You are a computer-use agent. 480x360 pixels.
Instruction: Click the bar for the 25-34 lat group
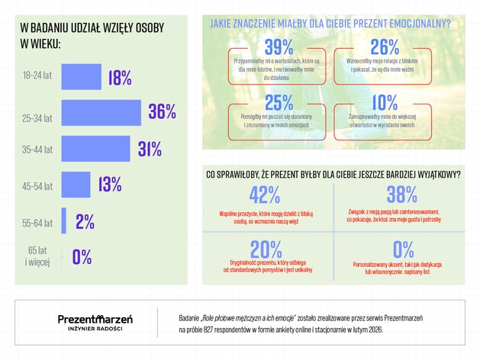(x=101, y=113)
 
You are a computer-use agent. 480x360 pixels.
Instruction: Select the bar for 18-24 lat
(x=81, y=77)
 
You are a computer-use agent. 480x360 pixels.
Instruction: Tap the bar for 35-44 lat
(x=96, y=149)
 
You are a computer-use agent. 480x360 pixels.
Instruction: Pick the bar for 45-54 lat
(x=76, y=185)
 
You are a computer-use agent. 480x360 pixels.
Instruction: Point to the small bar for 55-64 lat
(x=64, y=221)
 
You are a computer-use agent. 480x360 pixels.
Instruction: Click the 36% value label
(x=162, y=112)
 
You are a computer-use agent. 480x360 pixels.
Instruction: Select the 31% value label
(x=150, y=149)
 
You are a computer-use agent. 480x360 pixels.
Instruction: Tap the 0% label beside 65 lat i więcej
(x=82, y=257)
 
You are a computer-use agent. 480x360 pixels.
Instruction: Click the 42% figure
(x=265, y=194)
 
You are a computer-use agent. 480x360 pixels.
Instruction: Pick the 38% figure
(x=401, y=194)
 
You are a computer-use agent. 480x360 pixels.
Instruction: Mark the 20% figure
(x=265, y=249)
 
